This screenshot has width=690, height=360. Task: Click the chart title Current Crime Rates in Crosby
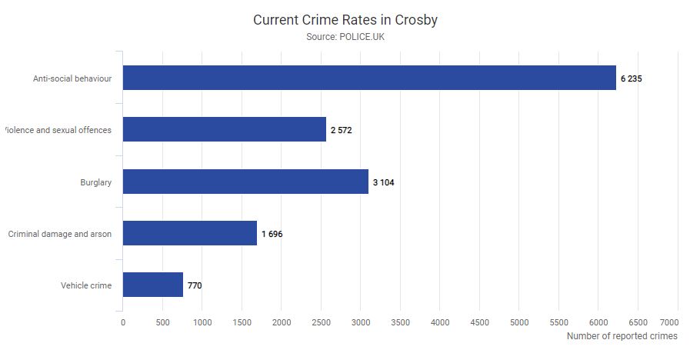(345, 20)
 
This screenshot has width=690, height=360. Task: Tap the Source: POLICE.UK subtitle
(345, 36)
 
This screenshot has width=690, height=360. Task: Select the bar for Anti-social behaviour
(369, 78)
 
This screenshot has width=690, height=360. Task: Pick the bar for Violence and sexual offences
(225, 129)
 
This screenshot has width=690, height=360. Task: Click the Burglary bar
(245, 182)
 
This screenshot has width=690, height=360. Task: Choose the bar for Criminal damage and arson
(190, 233)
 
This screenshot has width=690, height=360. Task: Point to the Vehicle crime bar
(153, 285)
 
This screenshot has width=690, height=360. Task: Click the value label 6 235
(631, 78)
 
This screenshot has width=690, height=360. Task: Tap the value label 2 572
(341, 130)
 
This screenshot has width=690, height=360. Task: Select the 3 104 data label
(383, 182)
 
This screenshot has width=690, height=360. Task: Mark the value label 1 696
(272, 234)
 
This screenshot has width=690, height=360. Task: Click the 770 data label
(195, 285)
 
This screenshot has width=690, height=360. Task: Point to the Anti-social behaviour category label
(72, 78)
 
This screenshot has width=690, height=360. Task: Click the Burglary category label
(96, 182)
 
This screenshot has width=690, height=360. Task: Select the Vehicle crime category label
(86, 285)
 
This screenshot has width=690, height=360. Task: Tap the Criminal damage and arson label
(60, 234)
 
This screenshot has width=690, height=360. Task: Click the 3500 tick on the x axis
(400, 322)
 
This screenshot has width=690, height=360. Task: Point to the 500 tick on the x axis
(162, 322)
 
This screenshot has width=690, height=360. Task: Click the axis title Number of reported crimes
(622, 336)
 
